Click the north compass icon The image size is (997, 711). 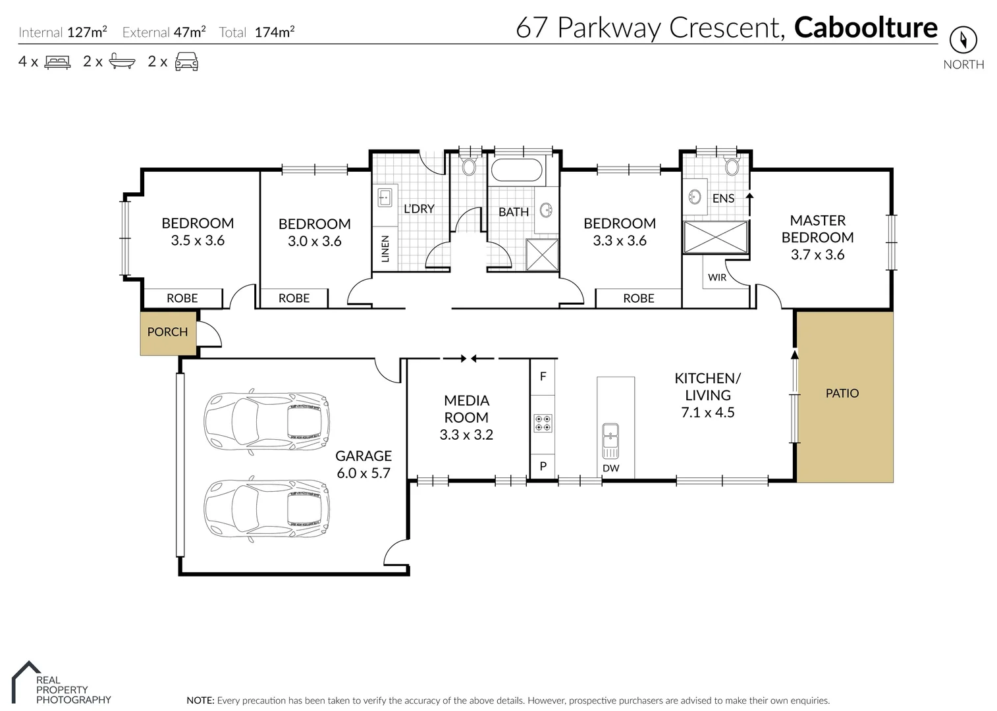963,40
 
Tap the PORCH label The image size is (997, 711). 167,332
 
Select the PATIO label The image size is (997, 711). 842,393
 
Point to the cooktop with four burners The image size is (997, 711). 543,423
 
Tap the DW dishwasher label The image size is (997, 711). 610,468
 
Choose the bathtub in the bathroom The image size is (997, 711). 517,170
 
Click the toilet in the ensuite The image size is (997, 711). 732,165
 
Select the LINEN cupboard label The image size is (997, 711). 385,249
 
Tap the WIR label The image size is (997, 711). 716,277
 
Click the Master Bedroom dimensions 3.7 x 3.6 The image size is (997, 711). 817,255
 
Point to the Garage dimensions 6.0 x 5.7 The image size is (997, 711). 364,473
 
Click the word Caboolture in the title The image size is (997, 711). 865,28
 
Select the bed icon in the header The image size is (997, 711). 57,62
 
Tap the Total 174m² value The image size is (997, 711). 274,32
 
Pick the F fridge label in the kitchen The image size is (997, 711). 543,377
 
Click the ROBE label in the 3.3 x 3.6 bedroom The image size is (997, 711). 638,298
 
